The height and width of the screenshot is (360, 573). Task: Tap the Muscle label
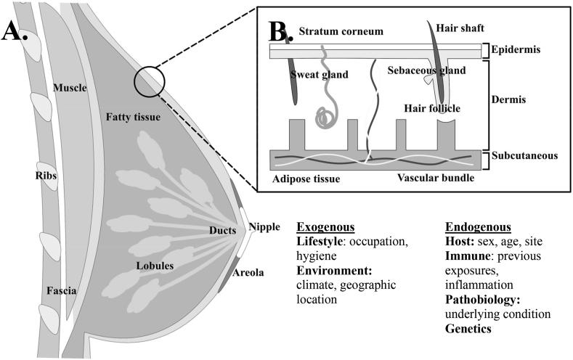[x=70, y=89]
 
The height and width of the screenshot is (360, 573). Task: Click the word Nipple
[x=264, y=226]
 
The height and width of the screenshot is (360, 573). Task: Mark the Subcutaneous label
[x=524, y=155]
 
